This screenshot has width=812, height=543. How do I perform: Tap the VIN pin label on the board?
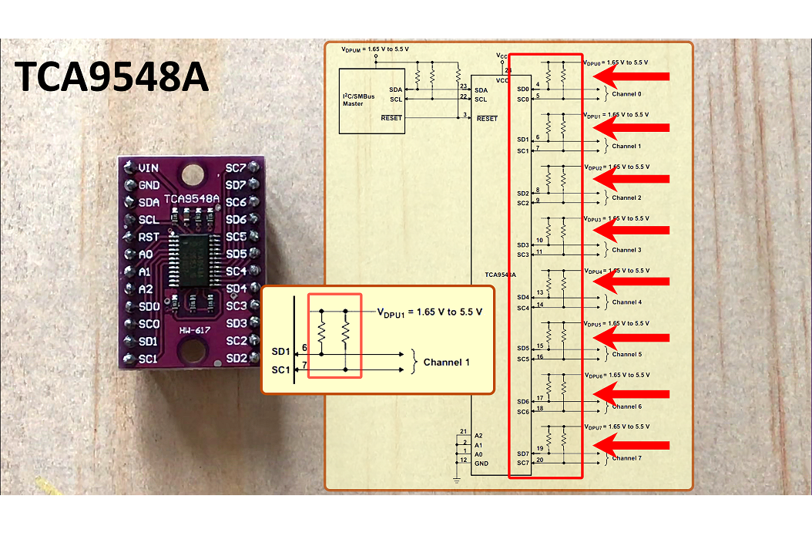click(x=148, y=167)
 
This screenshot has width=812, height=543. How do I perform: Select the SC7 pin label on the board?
click(x=236, y=168)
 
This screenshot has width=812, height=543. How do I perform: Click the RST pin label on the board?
click(x=148, y=237)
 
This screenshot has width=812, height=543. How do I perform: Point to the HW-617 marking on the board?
click(x=196, y=331)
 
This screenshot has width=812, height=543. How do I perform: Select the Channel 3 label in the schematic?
click(x=626, y=250)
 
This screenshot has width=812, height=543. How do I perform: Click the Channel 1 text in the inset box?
click(x=446, y=362)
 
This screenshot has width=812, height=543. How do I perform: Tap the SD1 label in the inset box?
click(x=280, y=352)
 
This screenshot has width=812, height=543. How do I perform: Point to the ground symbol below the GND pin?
click(x=457, y=481)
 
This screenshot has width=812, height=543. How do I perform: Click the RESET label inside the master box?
click(x=392, y=118)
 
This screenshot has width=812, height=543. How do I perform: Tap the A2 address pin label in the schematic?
click(x=478, y=435)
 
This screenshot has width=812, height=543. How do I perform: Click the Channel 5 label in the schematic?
click(x=626, y=354)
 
